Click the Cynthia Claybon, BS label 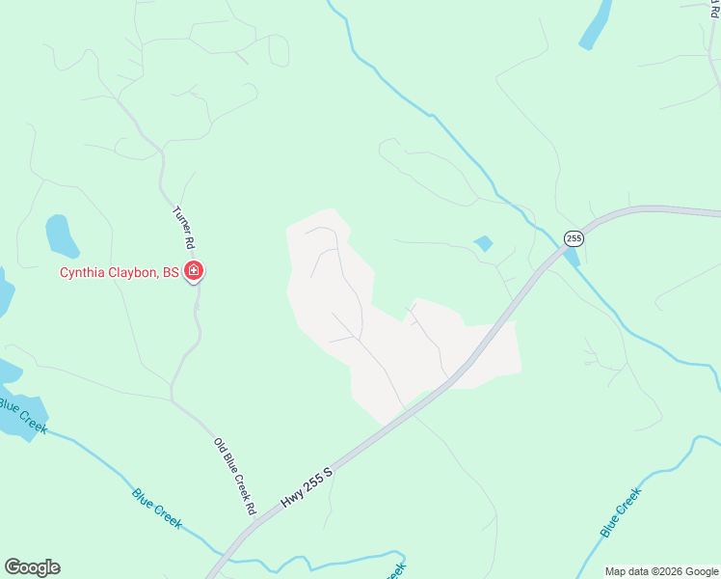coord(120,273)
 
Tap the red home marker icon coord(194,271)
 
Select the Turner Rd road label coord(182,227)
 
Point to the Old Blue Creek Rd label coord(234,476)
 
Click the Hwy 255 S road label coord(307,487)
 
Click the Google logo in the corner coord(32,567)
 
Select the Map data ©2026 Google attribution coord(662,571)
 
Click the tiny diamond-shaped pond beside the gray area coord(483,243)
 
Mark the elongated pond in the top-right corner coord(596,25)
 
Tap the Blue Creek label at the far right coord(621,512)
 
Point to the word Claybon coord(134,273)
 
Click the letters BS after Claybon coord(171,273)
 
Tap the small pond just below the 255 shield coord(573,257)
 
